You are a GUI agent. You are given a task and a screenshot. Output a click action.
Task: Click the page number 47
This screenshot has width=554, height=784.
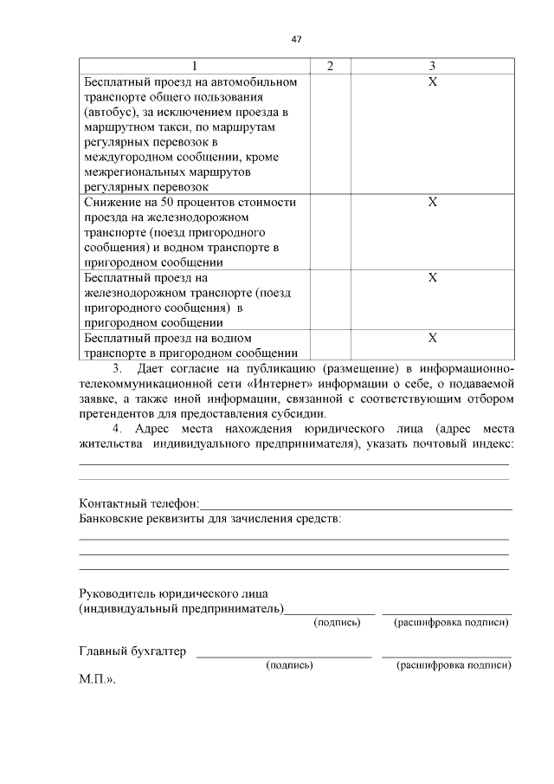click(296, 39)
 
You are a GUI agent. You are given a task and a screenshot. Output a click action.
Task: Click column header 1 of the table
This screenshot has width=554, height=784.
click(194, 66)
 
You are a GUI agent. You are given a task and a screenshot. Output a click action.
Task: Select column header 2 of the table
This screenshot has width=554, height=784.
click(330, 66)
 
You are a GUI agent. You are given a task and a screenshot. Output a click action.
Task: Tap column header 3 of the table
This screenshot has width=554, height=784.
click(432, 66)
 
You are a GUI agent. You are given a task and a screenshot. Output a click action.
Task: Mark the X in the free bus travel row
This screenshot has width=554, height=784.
click(433, 81)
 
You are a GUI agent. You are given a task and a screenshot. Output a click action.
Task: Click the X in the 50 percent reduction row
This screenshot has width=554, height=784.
click(433, 202)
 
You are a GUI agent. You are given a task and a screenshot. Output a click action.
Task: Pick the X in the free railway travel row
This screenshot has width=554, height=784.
click(433, 278)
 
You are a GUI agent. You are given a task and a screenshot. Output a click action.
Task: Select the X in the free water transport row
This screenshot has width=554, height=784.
click(433, 338)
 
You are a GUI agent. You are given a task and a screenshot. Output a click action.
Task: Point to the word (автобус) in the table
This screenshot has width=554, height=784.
click(106, 113)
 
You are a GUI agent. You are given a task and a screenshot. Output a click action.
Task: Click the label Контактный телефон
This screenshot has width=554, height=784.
click(138, 503)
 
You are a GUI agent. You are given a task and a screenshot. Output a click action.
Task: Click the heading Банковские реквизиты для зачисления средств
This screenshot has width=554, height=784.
click(209, 519)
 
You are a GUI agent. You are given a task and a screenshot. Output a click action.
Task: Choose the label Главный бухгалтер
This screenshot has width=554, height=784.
click(132, 652)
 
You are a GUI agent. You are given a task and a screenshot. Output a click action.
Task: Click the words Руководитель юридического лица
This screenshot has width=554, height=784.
click(173, 594)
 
